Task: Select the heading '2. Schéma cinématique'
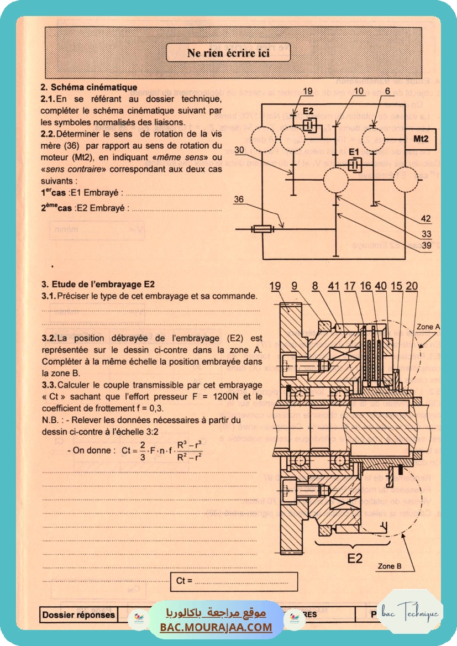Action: tap(90, 87)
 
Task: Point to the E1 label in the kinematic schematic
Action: tap(354, 150)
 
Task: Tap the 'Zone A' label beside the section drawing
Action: tap(429, 327)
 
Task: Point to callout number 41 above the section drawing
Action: tap(333, 286)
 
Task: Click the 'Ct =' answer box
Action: tap(234, 581)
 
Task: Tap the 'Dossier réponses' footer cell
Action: tap(78, 615)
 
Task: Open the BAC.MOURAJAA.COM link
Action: tap(216, 627)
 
